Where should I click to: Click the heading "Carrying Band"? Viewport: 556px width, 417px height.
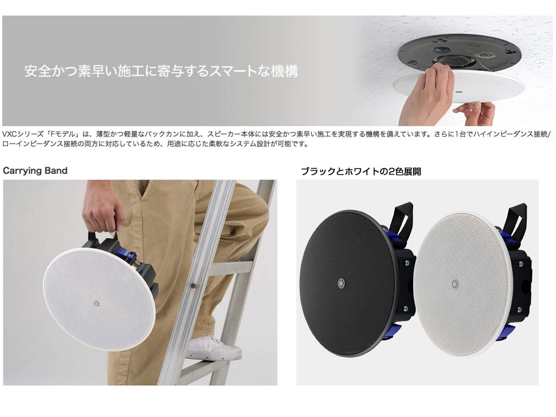click(x=36, y=171)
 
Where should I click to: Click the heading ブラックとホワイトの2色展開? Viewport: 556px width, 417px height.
click(x=361, y=171)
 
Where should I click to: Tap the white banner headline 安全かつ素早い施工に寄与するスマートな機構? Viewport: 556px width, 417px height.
click(x=161, y=71)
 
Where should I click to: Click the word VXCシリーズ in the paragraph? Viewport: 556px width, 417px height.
click(x=20, y=134)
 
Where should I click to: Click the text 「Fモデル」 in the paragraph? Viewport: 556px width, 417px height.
click(x=58, y=134)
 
